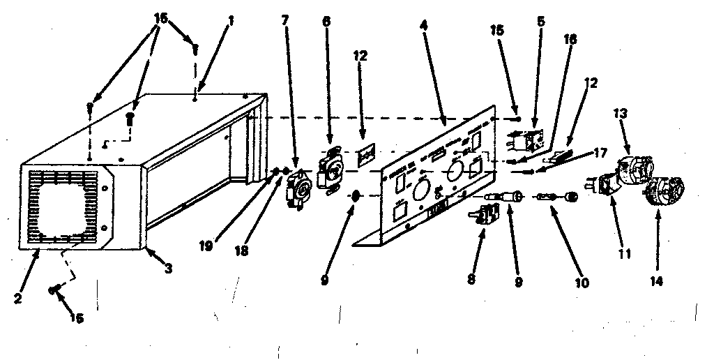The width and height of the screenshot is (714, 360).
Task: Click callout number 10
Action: click(582, 283)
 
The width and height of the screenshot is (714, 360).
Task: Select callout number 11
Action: click(625, 254)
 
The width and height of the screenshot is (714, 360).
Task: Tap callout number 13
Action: click(621, 113)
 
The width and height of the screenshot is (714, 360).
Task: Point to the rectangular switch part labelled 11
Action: click(603, 184)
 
